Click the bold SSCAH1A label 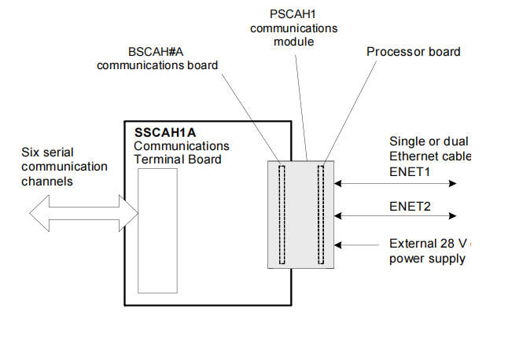(x=164, y=132)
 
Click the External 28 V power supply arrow (x=358, y=244)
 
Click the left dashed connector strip (x=283, y=214)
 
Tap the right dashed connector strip (x=320, y=214)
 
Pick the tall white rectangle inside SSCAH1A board (x=157, y=230)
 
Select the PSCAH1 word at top (x=293, y=13)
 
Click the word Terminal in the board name (x=157, y=160)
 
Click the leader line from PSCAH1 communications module (x=300, y=102)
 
